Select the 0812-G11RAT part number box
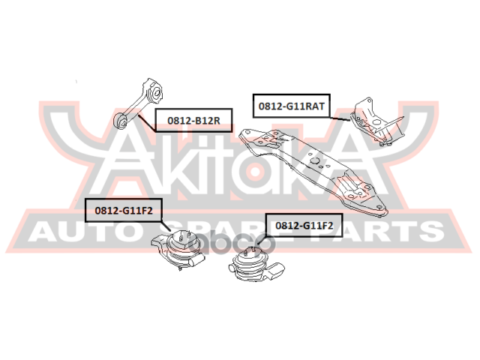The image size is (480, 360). click(x=291, y=106)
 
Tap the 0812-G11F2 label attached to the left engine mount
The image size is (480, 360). click(x=123, y=211)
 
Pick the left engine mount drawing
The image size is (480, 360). click(x=178, y=250)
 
